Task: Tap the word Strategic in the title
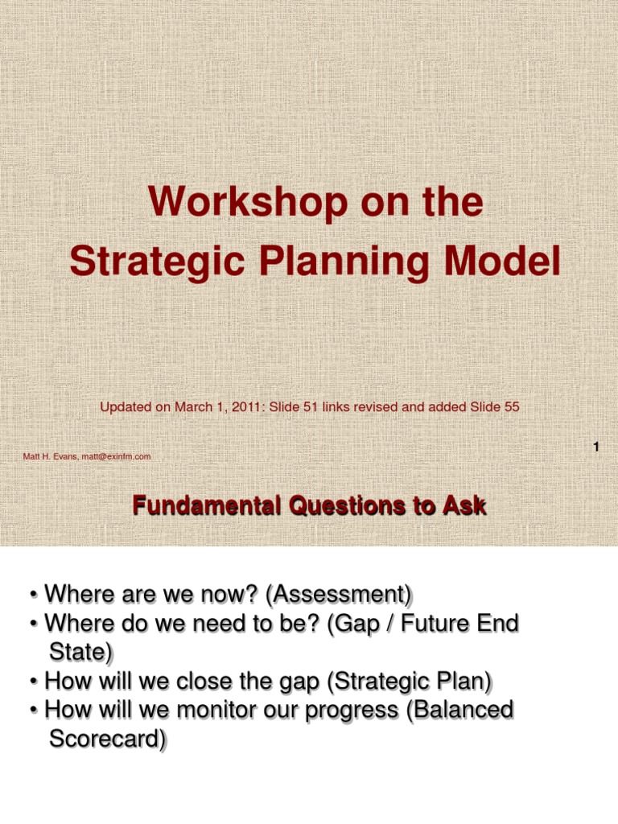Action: pos(157,262)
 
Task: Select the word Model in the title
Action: pos(502,261)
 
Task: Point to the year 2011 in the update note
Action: pos(246,407)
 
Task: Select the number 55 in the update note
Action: pos(512,407)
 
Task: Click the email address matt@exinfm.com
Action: pos(116,457)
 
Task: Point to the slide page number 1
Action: pos(596,447)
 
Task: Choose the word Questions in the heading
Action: pos(348,507)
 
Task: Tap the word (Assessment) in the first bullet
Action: pos(339,595)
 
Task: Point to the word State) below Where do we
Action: pos(81,652)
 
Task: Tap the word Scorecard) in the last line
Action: pos(108,739)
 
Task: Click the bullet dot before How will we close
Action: pos(34,682)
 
